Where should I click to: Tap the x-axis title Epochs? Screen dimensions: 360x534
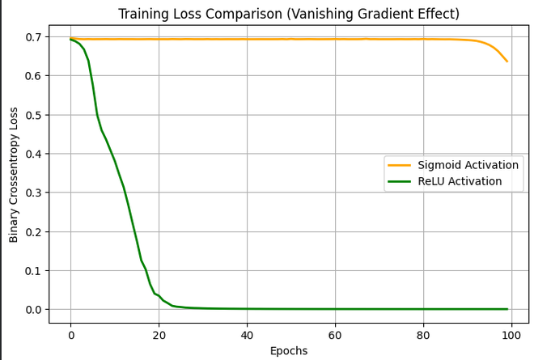click(x=289, y=350)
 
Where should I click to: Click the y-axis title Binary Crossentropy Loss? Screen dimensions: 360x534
click(x=14, y=173)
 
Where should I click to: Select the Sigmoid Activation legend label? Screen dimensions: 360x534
click(x=468, y=165)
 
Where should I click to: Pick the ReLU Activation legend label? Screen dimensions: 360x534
click(x=460, y=181)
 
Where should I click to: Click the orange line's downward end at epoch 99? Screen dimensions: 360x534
click(x=506, y=61)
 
